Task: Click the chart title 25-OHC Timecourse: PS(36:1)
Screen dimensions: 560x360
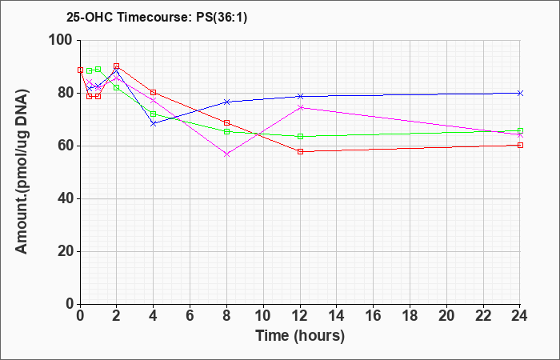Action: pyautogui.click(x=157, y=18)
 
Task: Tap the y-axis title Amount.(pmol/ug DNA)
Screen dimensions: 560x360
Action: pyautogui.click(x=22, y=172)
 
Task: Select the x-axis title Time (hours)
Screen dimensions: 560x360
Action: pyautogui.click(x=300, y=336)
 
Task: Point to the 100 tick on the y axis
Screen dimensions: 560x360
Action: pyautogui.click(x=65, y=40)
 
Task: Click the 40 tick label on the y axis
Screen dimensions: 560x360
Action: pyautogui.click(x=66, y=198)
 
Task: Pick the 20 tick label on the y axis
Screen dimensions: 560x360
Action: pyautogui.click(x=66, y=251)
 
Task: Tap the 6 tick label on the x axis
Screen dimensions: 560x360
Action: pyautogui.click(x=190, y=316)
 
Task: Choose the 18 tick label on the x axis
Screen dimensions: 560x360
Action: pyautogui.click(x=410, y=316)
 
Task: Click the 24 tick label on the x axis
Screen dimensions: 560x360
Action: pyautogui.click(x=520, y=316)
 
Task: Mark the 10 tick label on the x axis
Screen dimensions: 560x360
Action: pyautogui.click(x=263, y=316)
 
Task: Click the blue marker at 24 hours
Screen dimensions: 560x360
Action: pyautogui.click(x=520, y=94)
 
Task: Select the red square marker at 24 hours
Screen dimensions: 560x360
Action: pyautogui.click(x=520, y=145)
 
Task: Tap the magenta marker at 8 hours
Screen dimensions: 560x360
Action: pyautogui.click(x=226, y=154)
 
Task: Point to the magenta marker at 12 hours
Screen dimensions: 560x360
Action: pyautogui.click(x=300, y=107)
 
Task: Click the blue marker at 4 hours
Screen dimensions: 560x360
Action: pyautogui.click(x=154, y=123)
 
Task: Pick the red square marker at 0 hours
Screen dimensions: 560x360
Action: pyautogui.click(x=80, y=70)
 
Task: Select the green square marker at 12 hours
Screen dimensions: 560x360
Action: pyautogui.click(x=300, y=136)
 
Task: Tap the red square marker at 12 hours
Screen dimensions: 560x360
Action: pyautogui.click(x=300, y=151)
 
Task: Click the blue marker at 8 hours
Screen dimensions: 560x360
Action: pyautogui.click(x=226, y=102)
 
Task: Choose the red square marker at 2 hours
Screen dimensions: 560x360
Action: pyautogui.click(x=117, y=66)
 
